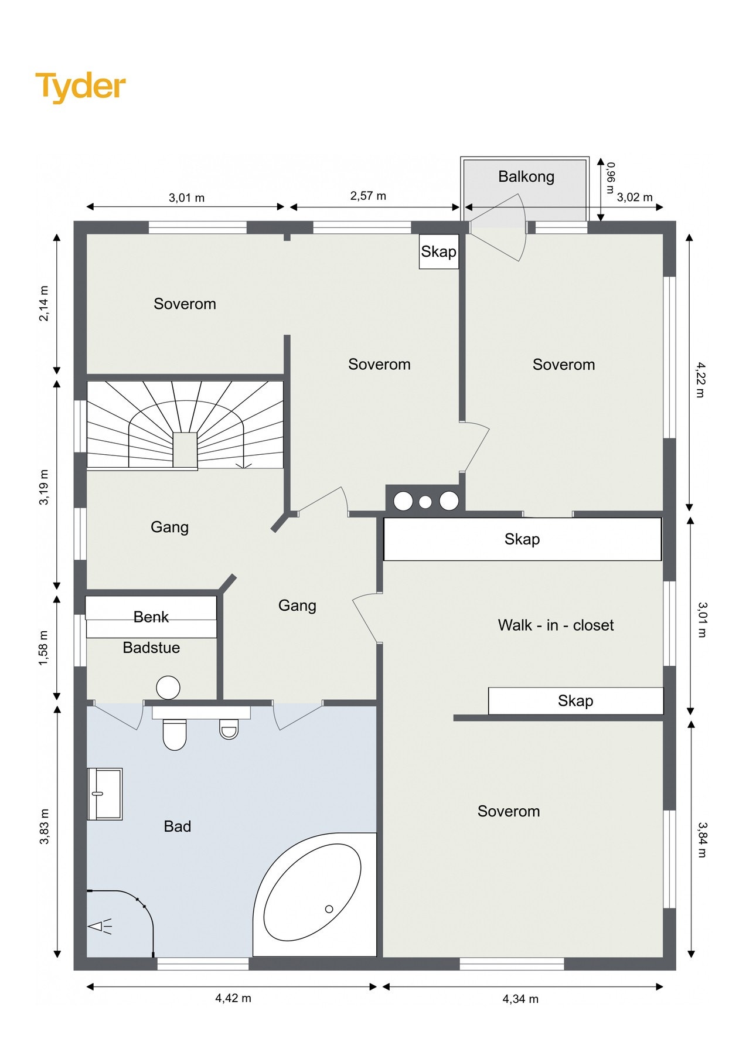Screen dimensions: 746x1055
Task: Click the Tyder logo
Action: (80, 87)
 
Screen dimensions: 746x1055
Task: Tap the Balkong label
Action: (526, 176)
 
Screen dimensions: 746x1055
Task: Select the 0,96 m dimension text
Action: (610, 178)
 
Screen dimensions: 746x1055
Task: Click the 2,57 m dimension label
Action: (368, 196)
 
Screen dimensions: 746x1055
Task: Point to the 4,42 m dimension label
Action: (233, 998)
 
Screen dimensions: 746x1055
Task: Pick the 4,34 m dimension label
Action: (520, 999)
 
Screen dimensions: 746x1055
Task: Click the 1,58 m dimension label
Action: (44, 648)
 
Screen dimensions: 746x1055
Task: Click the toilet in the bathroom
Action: (174, 734)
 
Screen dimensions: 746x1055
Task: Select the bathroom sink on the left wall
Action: (105, 794)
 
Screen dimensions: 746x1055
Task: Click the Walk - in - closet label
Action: (556, 625)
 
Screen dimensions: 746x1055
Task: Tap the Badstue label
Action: (151, 648)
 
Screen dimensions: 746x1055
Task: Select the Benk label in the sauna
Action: (151, 617)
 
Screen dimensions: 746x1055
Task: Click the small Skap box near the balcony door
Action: (439, 251)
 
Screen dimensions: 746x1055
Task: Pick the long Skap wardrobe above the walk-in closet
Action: (522, 539)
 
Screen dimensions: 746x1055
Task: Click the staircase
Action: (185, 425)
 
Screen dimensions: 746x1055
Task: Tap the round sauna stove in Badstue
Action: (168, 688)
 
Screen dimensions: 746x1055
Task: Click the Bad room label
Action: (178, 826)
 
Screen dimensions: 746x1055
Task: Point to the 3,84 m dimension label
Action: (702, 840)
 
